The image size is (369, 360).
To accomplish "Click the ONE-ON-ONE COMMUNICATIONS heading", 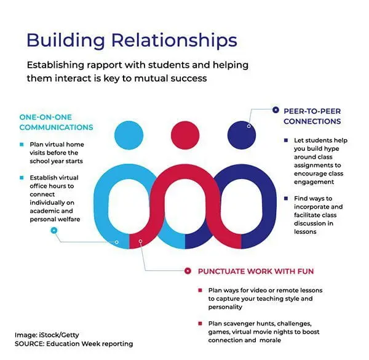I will [x=56, y=122].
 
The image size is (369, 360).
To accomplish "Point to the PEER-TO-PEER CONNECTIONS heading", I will [x=312, y=116].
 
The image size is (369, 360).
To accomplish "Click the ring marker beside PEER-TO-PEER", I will [x=275, y=110].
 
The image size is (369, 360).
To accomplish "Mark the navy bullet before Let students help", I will [x=285, y=140].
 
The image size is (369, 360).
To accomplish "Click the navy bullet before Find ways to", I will [x=285, y=198].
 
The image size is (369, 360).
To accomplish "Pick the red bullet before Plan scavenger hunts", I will [x=200, y=323].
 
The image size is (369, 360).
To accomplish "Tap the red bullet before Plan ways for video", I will [x=200, y=290].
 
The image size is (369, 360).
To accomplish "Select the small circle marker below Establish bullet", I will [x=54, y=230].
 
